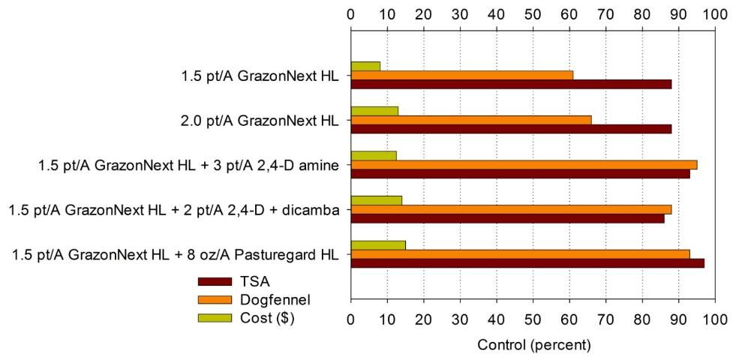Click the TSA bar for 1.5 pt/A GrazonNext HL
click(x=510, y=84)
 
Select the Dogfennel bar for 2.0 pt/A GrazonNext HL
click(x=470, y=120)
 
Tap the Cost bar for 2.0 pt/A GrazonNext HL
click(x=374, y=111)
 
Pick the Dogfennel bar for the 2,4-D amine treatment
click(x=523, y=164)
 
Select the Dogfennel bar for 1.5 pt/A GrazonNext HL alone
click(x=461, y=75)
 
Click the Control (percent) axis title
click(x=533, y=346)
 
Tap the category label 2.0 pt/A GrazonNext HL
click(x=260, y=120)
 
